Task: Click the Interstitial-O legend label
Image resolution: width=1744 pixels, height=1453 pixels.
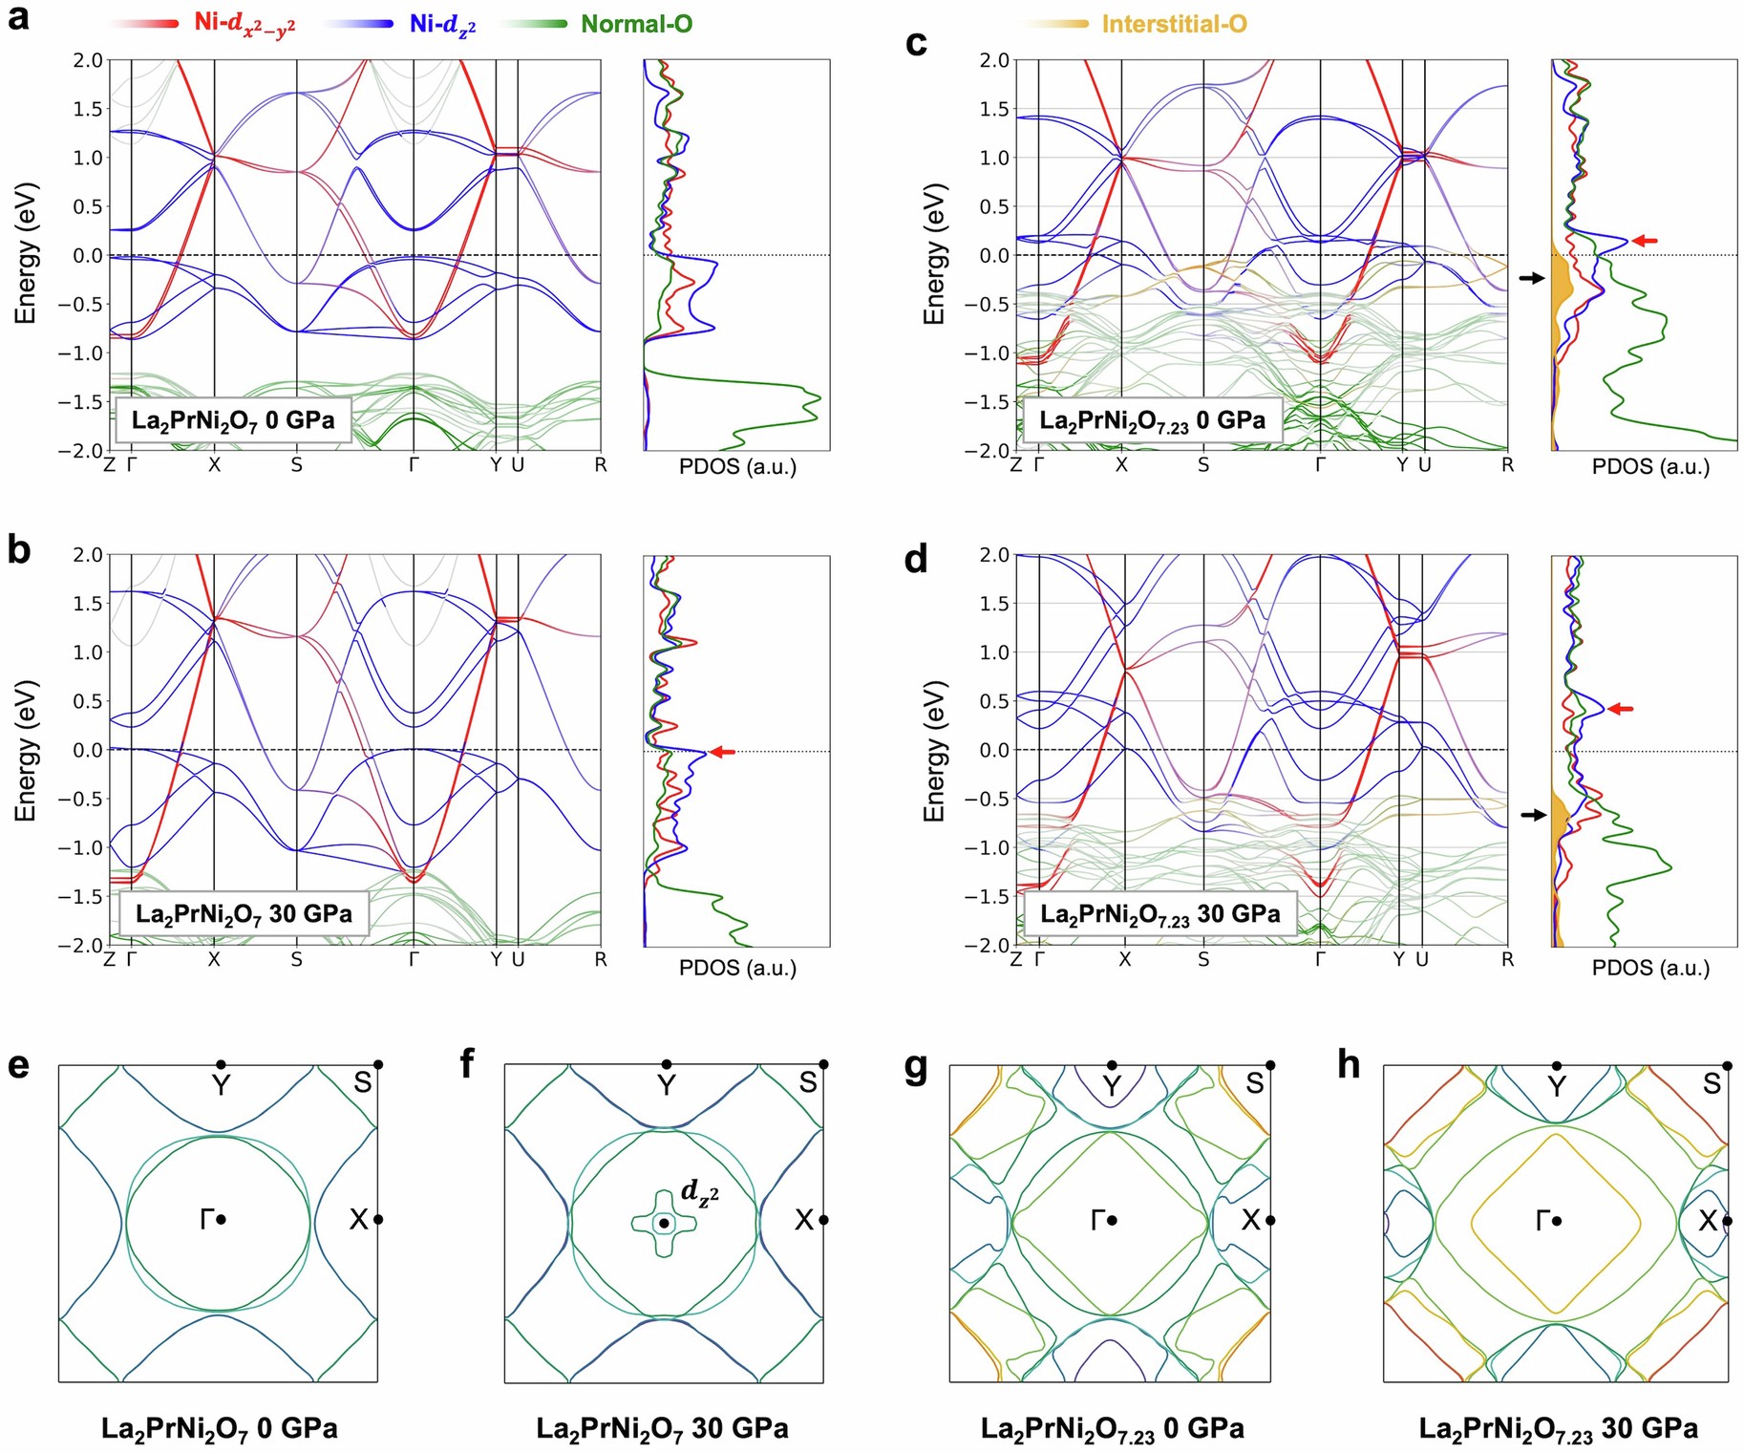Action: coord(1174,24)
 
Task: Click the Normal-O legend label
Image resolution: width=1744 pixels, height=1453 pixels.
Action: coord(636,24)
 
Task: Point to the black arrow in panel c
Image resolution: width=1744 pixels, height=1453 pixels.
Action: coord(1531,278)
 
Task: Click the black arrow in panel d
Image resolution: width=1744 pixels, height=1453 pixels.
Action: coord(1532,815)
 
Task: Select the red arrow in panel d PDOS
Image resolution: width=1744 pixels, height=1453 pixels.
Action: coord(1621,709)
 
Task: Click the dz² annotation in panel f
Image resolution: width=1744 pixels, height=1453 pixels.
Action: coord(699,1191)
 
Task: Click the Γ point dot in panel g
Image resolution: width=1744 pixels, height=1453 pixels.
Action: coord(1113,1220)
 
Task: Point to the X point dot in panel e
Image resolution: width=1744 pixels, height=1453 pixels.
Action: coord(378,1219)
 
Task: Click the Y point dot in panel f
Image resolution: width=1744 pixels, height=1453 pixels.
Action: coord(667,1064)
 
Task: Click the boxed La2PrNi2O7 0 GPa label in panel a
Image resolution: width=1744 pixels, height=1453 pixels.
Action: coord(233,420)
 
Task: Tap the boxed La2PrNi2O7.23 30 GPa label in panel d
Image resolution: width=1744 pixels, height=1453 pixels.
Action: coord(1159,914)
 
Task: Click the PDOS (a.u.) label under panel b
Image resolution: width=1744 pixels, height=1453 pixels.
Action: coord(737,968)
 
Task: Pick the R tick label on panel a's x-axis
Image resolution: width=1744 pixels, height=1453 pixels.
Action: coord(600,465)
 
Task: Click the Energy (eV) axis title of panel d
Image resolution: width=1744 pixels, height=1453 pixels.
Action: coord(934,751)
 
